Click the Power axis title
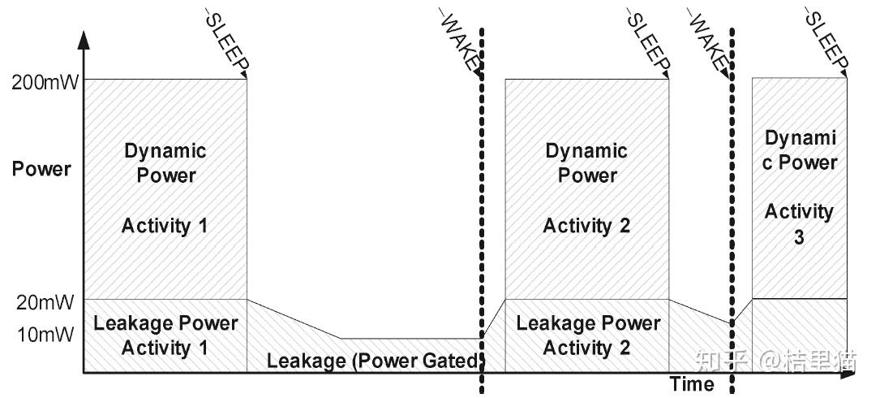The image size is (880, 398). tap(41, 170)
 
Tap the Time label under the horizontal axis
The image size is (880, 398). tap(692, 384)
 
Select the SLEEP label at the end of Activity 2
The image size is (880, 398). tap(649, 41)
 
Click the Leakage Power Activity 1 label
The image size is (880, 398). tap(165, 335)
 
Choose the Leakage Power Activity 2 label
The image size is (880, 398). tap(588, 335)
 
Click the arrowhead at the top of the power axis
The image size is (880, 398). tap(84, 39)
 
